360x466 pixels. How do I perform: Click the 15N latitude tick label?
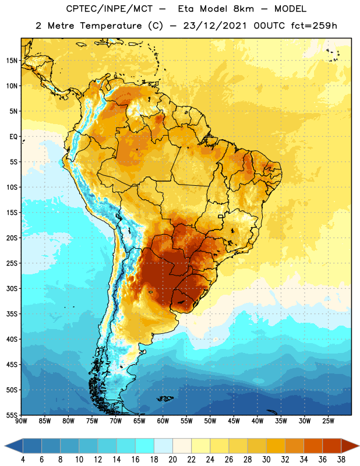coord(12,61)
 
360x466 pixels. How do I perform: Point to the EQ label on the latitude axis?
coord(13,137)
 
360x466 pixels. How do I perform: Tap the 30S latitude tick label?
coord(12,288)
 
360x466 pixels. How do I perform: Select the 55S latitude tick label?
coord(12,415)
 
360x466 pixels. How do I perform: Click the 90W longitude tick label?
coord(21,421)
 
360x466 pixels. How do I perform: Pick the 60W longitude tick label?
coord(163,421)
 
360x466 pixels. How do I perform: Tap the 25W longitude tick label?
coord(328,421)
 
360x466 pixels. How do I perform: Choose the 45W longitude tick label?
coord(234,421)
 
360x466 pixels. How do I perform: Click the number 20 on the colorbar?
coord(172,460)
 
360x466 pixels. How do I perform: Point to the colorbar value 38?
coord(341,460)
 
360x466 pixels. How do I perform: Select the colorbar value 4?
coord(23,460)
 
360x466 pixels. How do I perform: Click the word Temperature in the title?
coord(111,26)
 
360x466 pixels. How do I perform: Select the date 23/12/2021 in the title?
coord(214,26)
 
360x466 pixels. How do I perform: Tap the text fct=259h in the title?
coord(314,26)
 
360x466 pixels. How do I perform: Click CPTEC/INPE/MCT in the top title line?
coord(109,9)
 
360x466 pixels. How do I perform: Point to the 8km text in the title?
coord(244,9)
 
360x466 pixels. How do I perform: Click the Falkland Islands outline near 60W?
coord(165,398)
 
